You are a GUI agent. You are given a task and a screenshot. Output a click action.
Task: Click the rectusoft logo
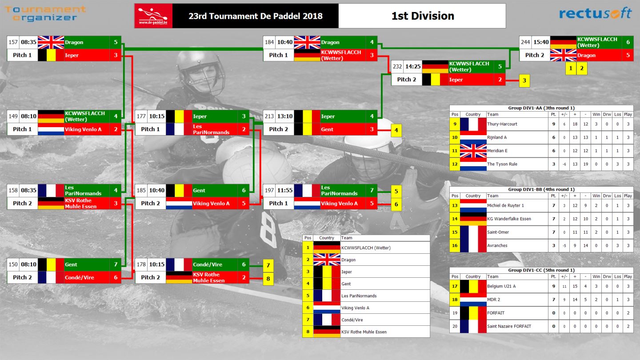595,13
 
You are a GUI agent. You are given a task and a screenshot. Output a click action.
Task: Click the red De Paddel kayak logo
153,16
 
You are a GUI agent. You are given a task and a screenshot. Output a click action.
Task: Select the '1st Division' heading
423,16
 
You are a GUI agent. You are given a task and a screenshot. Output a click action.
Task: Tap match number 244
525,42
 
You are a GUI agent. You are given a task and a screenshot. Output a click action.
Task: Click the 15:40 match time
541,42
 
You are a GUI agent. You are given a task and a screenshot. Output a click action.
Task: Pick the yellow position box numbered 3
524,80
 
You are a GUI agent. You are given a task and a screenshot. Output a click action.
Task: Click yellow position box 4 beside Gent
396,130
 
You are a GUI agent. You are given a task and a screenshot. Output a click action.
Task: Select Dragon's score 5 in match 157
116,42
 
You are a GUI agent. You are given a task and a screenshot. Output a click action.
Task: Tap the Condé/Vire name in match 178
208,264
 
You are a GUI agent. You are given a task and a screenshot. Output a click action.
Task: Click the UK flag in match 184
307,42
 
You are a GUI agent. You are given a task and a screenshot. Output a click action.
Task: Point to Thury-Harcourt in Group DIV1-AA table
502,124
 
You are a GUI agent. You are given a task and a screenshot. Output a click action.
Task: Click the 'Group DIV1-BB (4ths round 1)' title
541,189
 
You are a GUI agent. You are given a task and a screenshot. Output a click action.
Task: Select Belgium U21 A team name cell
501,286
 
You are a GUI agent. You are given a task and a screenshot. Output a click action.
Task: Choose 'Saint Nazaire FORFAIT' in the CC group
509,326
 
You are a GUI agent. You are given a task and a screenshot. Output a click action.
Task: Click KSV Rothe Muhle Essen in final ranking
364,332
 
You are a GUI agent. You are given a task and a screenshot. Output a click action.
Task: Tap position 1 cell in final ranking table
308,248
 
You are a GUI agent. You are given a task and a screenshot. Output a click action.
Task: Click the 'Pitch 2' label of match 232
406,80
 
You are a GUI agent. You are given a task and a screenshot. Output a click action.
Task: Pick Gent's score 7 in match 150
116,264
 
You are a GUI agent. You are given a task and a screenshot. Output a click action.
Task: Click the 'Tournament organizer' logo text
45,13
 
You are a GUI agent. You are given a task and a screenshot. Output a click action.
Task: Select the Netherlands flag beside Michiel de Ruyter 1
473,206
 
